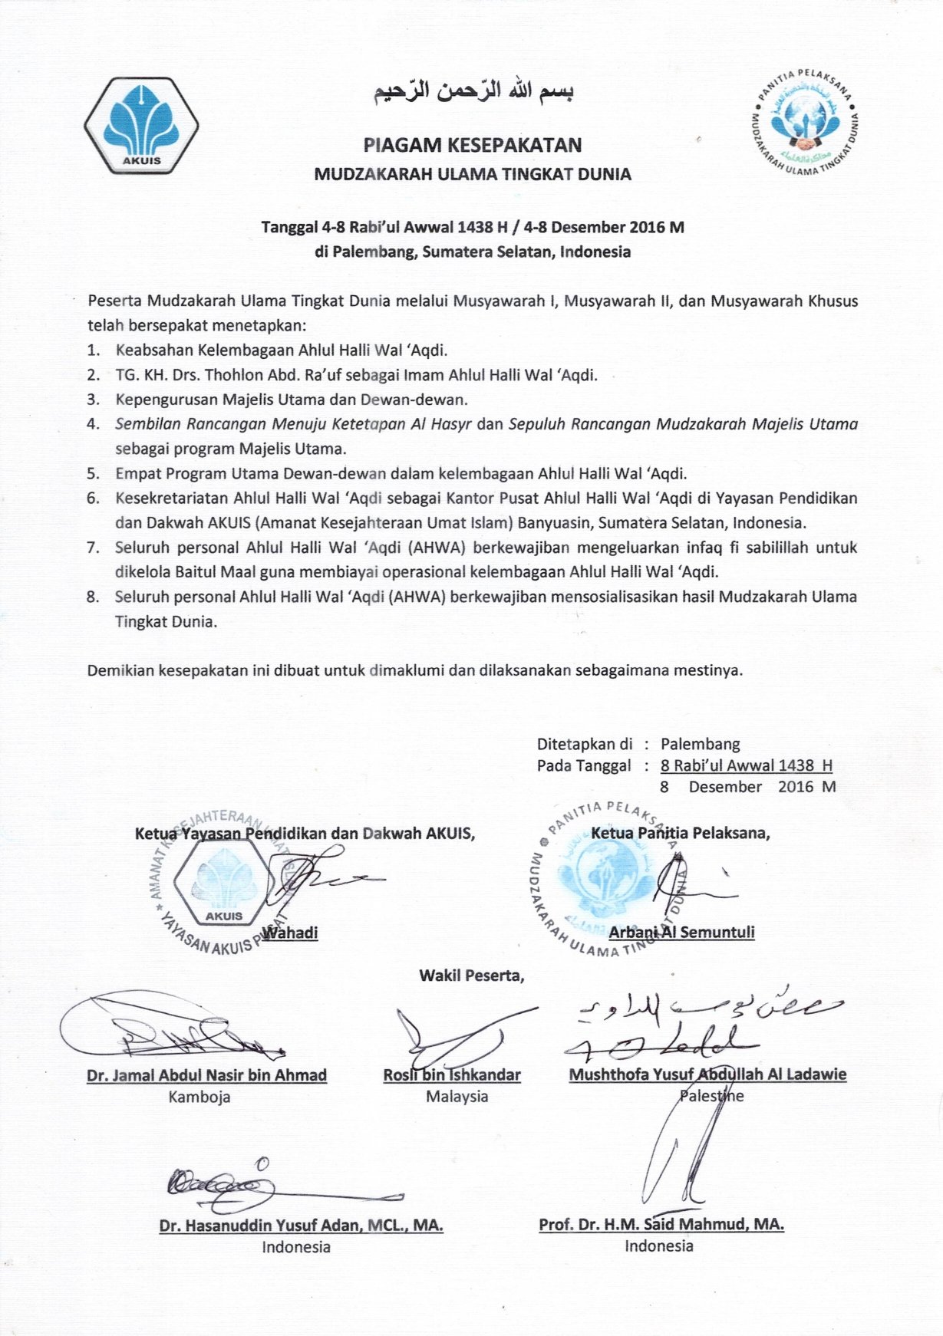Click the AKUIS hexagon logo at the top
click(x=141, y=124)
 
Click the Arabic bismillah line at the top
click(x=473, y=91)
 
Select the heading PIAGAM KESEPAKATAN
click(x=472, y=145)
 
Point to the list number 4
click(x=94, y=424)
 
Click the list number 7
click(x=94, y=548)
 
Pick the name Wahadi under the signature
click(x=290, y=933)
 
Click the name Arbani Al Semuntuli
click(x=681, y=933)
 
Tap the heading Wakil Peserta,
click(x=471, y=976)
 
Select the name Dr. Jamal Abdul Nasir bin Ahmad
click(x=206, y=1075)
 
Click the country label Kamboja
click(x=199, y=1097)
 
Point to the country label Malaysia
click(x=457, y=1097)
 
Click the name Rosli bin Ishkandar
click(x=452, y=1075)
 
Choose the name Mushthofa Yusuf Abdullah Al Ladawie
click(x=707, y=1074)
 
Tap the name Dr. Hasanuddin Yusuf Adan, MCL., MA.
click(x=301, y=1226)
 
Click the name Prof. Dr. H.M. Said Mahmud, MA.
click(x=661, y=1225)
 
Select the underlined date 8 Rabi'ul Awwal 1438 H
click(x=746, y=765)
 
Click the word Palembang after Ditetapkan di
click(x=700, y=744)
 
